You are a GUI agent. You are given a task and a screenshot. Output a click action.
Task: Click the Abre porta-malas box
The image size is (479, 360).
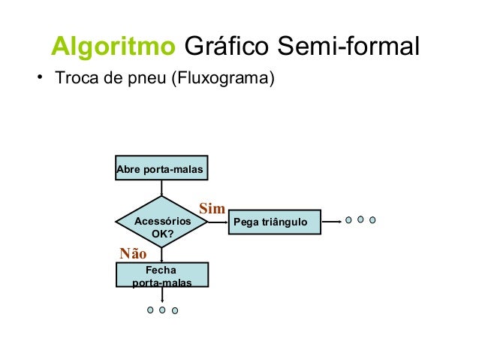pos(160,171)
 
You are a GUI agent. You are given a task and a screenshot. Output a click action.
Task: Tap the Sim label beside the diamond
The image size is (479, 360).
pos(212,208)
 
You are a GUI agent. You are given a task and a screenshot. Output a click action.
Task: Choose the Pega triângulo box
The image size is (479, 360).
pos(274,222)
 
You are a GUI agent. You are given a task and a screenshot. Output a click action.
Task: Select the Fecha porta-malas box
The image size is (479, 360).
pos(162,274)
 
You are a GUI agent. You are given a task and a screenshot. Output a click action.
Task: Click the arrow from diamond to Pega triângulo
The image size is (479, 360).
pos(218,222)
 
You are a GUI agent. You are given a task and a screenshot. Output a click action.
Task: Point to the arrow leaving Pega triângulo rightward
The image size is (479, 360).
pos(331,222)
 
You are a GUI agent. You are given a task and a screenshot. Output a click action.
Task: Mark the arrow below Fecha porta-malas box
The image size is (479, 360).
pos(162,295)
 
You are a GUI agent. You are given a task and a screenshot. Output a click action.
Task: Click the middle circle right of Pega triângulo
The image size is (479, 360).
pos(360,220)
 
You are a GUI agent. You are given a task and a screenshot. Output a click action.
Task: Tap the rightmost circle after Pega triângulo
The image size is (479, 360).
pos(372,221)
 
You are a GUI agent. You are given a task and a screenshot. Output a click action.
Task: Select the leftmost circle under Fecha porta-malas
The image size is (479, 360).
pos(150,310)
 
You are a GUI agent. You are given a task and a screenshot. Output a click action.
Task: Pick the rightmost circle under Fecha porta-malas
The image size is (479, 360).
pos(175,310)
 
